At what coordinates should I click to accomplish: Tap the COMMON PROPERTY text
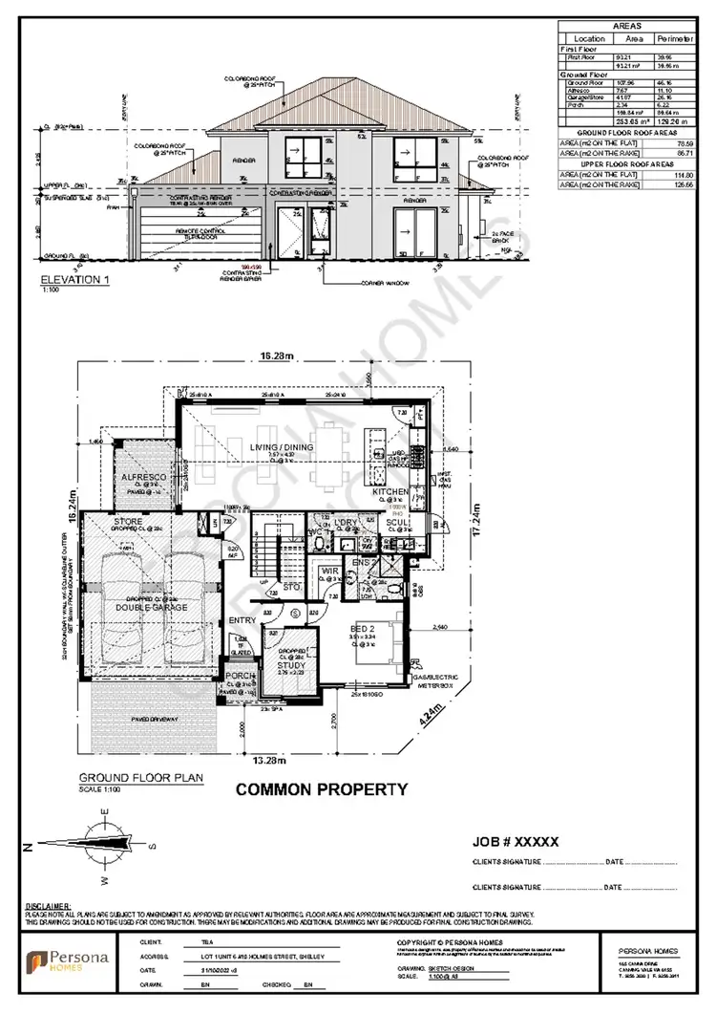(322, 789)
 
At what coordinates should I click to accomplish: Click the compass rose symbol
(102, 844)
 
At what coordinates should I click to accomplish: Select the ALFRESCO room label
(143, 475)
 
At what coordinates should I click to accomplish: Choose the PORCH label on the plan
(241, 676)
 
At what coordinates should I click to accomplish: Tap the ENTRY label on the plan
(241, 621)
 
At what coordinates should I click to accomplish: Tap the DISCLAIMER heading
(47, 904)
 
